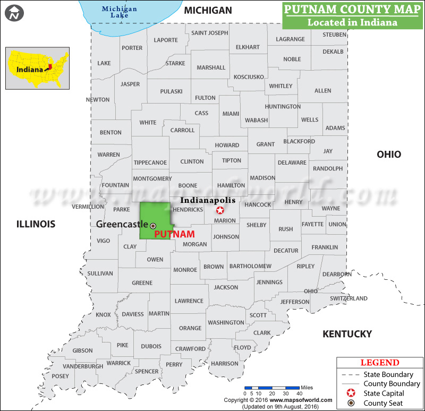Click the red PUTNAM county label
[x=174, y=234]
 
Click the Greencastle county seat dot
[x=153, y=226]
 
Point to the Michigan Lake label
[x=120, y=12]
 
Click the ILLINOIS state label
[x=36, y=224]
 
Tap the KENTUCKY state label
[x=347, y=334]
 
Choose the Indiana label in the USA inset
[x=29, y=69]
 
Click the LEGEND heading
[x=380, y=363]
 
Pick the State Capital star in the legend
[x=350, y=393]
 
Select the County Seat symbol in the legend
[x=350, y=403]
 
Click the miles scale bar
[x=272, y=388]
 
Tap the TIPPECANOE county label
[x=150, y=162]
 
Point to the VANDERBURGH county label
[x=83, y=366]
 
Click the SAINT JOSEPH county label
[x=210, y=33]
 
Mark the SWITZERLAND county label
[x=348, y=298]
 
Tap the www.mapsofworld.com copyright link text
[x=302, y=400]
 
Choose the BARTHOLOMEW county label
[x=250, y=266]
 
